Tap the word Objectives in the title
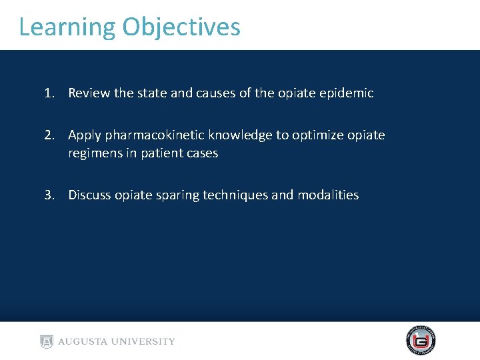pyautogui.click(x=181, y=27)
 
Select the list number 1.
pyautogui.click(x=49, y=93)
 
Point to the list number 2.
pyautogui.click(x=49, y=135)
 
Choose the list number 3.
pyautogui.click(x=49, y=195)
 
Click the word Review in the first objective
pyautogui.click(x=89, y=93)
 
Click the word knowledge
pyautogui.click(x=240, y=135)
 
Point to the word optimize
pyautogui.click(x=316, y=135)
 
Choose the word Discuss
pyautogui.click(x=89, y=195)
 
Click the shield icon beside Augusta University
pyautogui.click(x=46, y=341)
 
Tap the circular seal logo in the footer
pyautogui.click(x=421, y=341)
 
